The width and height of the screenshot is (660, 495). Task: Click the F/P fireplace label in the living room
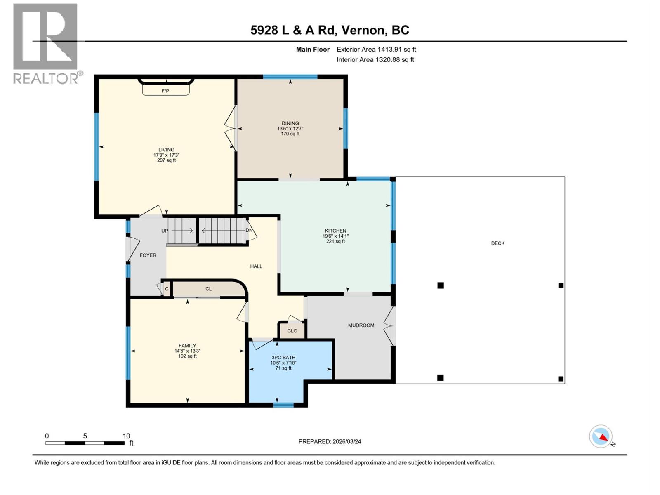coord(165,91)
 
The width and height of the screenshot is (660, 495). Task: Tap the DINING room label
coord(290,123)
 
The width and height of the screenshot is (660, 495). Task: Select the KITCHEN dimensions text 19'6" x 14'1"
coord(335,236)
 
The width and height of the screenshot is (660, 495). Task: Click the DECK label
coord(497,243)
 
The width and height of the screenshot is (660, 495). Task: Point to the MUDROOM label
coord(361,325)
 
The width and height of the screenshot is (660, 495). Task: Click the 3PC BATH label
coord(283,358)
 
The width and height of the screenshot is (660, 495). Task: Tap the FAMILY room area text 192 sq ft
coord(187,356)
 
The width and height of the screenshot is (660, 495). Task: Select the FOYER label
coord(148,255)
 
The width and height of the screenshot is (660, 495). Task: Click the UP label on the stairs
coord(165,231)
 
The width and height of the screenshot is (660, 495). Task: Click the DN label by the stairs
coord(249,230)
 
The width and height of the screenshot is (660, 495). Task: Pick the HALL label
coord(256,266)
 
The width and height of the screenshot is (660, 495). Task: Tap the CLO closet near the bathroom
coord(292,331)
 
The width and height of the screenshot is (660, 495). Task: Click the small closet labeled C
coord(167,289)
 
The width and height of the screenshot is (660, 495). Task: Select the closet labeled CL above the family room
coord(208,289)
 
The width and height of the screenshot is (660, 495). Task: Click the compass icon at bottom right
coord(601,436)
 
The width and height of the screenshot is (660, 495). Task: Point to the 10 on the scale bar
coord(126,436)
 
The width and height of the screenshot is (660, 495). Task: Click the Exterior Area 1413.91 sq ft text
coord(376,49)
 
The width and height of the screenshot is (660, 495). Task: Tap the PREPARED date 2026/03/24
coord(330,441)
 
